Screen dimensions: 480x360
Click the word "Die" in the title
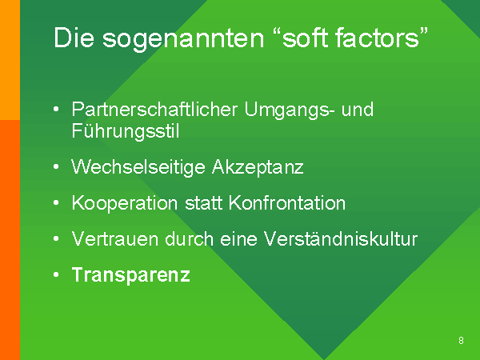tap(74, 38)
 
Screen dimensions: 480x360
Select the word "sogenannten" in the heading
tap(183, 40)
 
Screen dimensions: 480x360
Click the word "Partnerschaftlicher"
tap(154, 109)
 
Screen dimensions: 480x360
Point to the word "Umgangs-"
tap(290, 110)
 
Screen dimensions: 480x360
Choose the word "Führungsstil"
tap(126, 132)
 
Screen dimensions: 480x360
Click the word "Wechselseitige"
tap(138, 168)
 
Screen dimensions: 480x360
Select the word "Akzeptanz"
tap(258, 168)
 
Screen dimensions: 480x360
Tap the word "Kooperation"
tap(125, 204)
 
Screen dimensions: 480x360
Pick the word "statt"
tap(203, 203)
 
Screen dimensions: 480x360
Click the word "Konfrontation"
tap(287, 203)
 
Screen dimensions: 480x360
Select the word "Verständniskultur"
tap(341, 238)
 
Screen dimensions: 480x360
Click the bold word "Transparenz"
tap(131, 275)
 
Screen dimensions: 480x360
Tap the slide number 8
tap(461, 341)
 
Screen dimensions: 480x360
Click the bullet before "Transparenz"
tap(56, 274)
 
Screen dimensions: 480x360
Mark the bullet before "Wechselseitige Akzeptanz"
tap(56, 167)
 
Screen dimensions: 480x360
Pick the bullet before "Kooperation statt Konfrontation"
tap(56, 202)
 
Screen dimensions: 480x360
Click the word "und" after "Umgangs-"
tap(358, 110)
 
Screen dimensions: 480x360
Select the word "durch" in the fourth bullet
tap(189, 238)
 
